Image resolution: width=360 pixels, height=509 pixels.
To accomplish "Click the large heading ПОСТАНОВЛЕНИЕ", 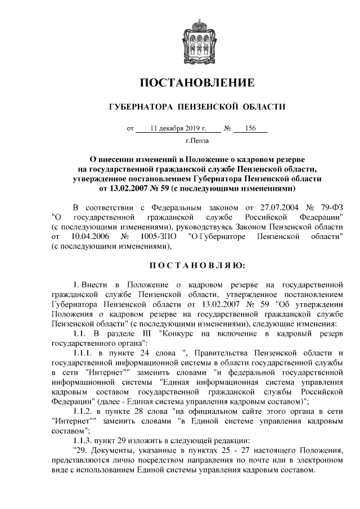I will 197,83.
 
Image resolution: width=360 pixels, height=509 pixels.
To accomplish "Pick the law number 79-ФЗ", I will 331,206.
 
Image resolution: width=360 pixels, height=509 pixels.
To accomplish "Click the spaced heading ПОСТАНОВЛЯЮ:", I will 197,265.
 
